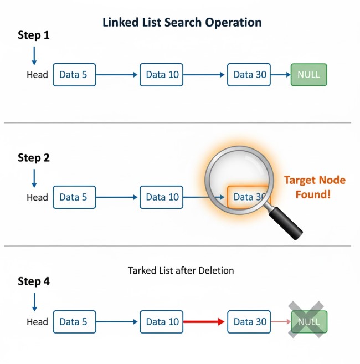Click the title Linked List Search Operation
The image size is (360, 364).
pyautogui.click(x=182, y=23)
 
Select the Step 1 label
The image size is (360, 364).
pyautogui.click(x=34, y=35)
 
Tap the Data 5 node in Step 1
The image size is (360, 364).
pyautogui.click(x=74, y=75)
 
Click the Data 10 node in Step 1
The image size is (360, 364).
pyautogui.click(x=161, y=75)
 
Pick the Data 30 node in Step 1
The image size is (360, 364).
pyautogui.click(x=249, y=75)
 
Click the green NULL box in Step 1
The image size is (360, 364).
pyautogui.click(x=308, y=75)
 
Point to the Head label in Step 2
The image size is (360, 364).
pyautogui.click(x=37, y=197)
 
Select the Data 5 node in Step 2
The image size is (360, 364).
pyautogui.click(x=74, y=197)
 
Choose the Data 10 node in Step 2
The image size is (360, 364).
pyautogui.click(x=161, y=197)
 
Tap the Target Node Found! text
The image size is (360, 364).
pyautogui.click(x=315, y=187)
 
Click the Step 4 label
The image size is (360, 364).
pyautogui.click(x=34, y=281)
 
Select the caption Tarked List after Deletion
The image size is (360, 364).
pyautogui.click(x=181, y=271)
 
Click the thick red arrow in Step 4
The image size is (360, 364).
pyautogui.click(x=204, y=322)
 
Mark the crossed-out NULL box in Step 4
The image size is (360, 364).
pyautogui.click(x=309, y=321)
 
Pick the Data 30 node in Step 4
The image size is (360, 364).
pyautogui.click(x=249, y=322)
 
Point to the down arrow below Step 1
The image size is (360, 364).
pyautogui.click(x=34, y=56)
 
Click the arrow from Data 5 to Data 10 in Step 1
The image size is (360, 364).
pyautogui.click(x=117, y=75)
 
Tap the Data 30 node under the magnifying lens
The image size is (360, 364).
pyautogui.click(x=248, y=197)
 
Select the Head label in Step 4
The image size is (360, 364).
pyautogui.click(x=37, y=322)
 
